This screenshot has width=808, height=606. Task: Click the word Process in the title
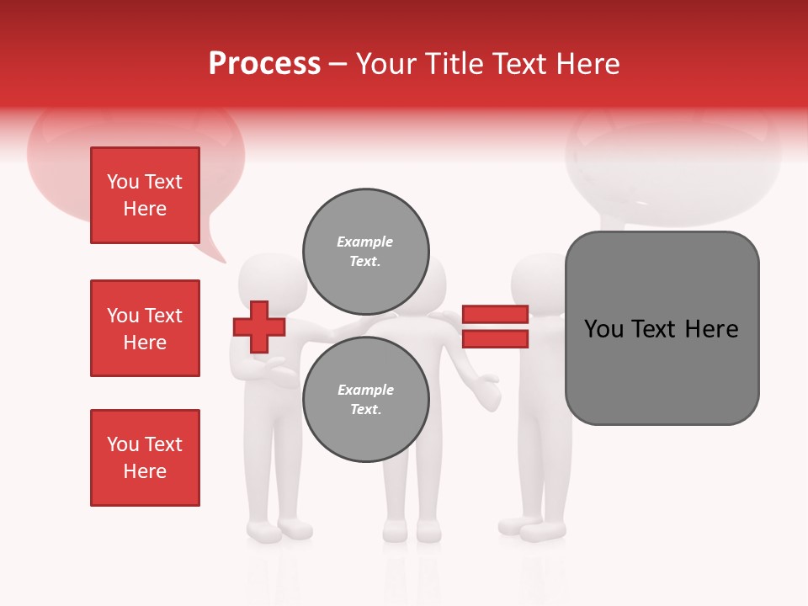pos(264,64)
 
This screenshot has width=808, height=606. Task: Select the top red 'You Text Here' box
pos(145,195)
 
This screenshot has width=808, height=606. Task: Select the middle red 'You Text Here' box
pos(145,328)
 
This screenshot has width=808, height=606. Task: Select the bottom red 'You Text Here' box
pos(145,458)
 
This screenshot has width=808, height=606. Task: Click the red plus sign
pos(259,327)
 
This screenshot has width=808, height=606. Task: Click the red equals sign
pos(495,327)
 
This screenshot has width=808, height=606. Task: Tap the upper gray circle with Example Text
pos(365,251)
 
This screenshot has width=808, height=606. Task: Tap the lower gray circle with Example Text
pos(365,399)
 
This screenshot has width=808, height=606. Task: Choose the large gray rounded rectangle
pos(662,328)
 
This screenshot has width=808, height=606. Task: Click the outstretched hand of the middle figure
pos(486,392)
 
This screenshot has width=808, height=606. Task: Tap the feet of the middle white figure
pos(412,531)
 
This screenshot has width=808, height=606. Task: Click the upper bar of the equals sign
pos(495,314)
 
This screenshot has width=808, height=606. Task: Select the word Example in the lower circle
pos(365,390)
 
